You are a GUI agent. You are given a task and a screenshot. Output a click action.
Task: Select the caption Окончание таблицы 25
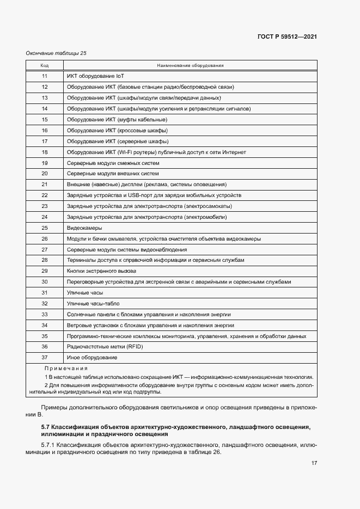[56, 53]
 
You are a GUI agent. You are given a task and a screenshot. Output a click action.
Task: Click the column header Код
[45, 65]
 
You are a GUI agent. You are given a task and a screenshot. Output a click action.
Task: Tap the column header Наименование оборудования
[190, 65]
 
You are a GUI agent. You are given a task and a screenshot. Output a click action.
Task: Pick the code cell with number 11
[45, 76]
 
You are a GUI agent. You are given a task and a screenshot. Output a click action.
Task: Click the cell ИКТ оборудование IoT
[95, 76]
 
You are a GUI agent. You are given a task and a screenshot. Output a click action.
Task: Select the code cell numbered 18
[45, 152]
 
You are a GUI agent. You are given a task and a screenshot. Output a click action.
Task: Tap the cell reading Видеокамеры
[84, 228]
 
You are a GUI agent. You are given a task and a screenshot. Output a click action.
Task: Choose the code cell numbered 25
[45, 228]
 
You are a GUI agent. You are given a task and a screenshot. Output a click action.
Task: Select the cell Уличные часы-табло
[93, 303]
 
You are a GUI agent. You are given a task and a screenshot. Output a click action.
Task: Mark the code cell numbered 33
[45, 314]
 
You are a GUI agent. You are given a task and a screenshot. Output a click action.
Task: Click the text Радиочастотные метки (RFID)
[102, 346]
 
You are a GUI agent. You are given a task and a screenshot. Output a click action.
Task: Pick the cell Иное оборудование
[92, 357]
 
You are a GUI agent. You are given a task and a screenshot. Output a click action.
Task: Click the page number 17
[314, 463]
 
